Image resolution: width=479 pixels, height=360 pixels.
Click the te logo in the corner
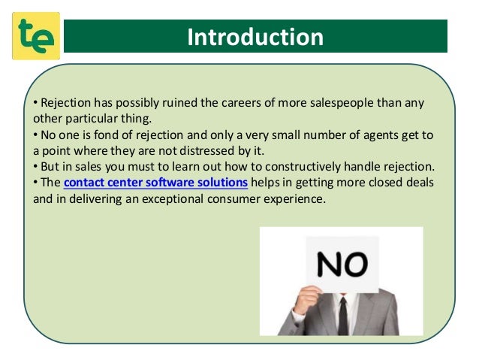coord(35,36)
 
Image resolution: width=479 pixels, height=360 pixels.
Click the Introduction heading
coord(255,37)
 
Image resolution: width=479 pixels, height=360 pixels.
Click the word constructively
coord(305,165)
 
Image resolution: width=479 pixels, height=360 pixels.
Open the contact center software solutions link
coord(156,182)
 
